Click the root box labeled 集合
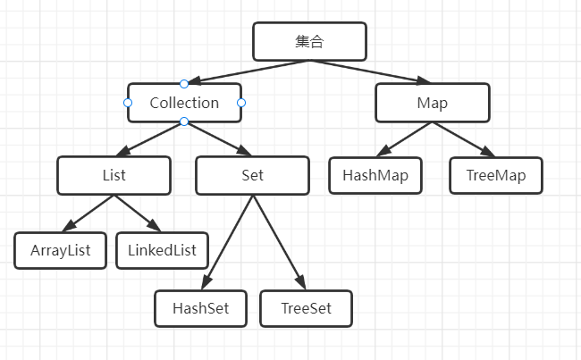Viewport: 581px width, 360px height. (x=309, y=41)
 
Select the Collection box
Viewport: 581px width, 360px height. (x=184, y=103)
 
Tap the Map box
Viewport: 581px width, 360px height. (x=432, y=103)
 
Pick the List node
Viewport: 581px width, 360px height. (x=114, y=175)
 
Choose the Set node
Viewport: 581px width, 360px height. (x=252, y=175)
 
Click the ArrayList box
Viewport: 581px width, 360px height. (x=60, y=249)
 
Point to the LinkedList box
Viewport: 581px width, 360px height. (x=162, y=249)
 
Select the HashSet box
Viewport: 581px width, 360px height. (x=200, y=308)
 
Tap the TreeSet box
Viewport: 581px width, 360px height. (x=306, y=308)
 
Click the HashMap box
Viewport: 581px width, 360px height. (x=375, y=175)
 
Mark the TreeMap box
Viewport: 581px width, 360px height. (x=495, y=175)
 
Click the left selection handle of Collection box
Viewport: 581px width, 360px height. (x=128, y=103)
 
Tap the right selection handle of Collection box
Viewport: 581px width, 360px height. (x=241, y=103)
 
